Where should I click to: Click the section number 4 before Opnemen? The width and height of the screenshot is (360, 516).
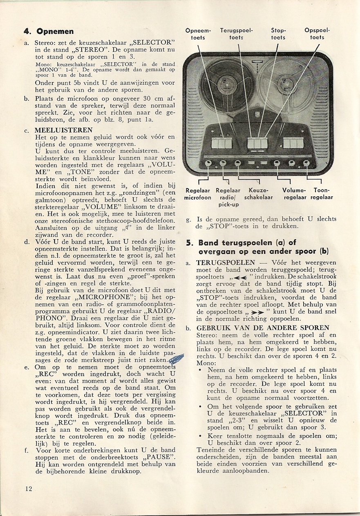pyautogui.click(x=27, y=31)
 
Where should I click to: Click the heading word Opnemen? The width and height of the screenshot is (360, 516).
pyautogui.click(x=55, y=31)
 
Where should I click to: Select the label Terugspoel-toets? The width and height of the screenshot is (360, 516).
pyautogui.click(x=236, y=34)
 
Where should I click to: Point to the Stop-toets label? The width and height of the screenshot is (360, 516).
pyautogui.click(x=278, y=34)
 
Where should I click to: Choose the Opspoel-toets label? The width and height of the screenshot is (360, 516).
pyautogui.click(x=317, y=34)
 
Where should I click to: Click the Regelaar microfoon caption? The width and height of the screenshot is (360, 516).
pyautogui.click(x=198, y=194)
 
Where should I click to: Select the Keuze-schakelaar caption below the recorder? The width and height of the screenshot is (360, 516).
pyautogui.click(x=258, y=194)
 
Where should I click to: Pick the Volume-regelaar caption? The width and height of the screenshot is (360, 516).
pyautogui.click(x=294, y=194)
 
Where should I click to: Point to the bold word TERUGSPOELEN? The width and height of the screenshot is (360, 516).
pyautogui.click(x=226, y=262)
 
